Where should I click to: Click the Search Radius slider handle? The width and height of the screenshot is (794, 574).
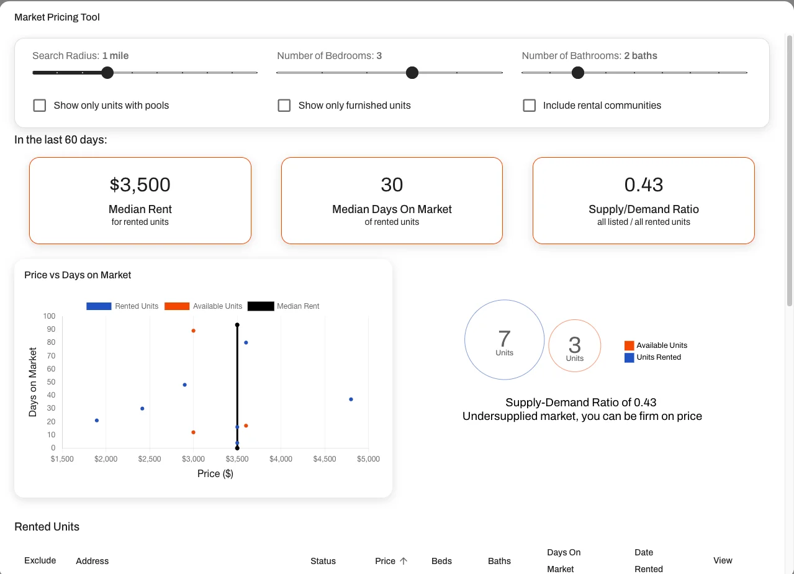tap(107, 73)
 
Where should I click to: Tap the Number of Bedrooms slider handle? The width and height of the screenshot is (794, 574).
tap(412, 73)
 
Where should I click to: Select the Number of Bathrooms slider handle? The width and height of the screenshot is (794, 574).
tap(578, 73)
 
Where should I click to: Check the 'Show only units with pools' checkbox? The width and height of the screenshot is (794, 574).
tap(40, 106)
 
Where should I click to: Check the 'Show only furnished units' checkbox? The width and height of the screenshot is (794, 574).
tap(284, 106)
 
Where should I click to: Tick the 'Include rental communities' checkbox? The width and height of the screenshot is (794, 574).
tap(529, 106)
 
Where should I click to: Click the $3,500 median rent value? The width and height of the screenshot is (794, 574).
tap(140, 184)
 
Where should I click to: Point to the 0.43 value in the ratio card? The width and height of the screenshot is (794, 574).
tap(644, 184)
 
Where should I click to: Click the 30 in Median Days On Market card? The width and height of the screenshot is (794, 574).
tap(392, 184)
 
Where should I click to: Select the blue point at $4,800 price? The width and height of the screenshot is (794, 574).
tap(351, 399)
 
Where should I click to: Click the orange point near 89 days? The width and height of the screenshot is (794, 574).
tap(194, 330)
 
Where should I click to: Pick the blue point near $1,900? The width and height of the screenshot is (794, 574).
tap(97, 421)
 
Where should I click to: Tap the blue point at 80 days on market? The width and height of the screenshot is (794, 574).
tap(246, 342)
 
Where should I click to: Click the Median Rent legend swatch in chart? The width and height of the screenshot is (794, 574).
tap(261, 306)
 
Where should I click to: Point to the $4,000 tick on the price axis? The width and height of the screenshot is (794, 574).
tap(281, 459)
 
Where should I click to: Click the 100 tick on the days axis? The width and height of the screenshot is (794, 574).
tap(49, 316)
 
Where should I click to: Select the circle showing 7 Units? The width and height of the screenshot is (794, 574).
tap(504, 340)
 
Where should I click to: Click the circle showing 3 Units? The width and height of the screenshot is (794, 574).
tap(575, 346)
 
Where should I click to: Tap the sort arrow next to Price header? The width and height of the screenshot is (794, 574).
tap(404, 561)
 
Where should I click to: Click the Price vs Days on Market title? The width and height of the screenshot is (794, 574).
tap(78, 275)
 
